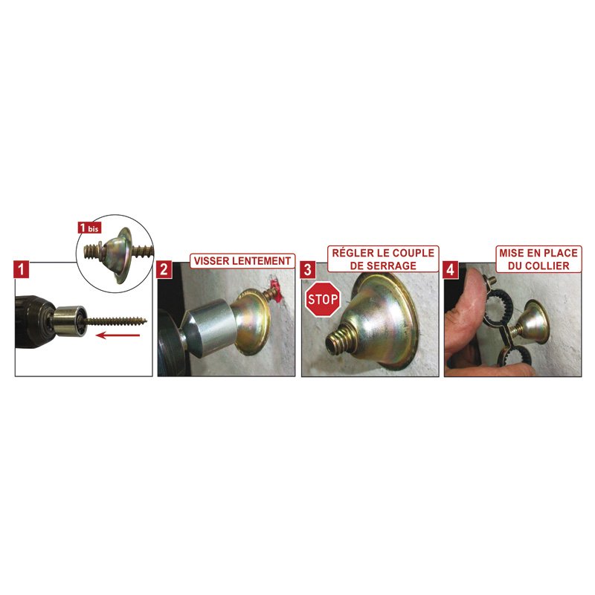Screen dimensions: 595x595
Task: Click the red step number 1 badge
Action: [x=21, y=269]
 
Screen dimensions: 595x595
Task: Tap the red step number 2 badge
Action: [x=164, y=269]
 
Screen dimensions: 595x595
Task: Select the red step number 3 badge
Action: [x=307, y=269]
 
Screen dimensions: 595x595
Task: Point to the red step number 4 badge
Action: [x=451, y=269]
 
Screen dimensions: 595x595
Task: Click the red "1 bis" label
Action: [x=89, y=228]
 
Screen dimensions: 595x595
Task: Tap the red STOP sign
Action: [x=323, y=300]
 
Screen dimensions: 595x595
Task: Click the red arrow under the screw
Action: [x=118, y=335]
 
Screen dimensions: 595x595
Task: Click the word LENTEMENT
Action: [x=262, y=261]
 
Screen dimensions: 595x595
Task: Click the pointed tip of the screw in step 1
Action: [x=146, y=321]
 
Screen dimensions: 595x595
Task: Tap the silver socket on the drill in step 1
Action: [x=69, y=321]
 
